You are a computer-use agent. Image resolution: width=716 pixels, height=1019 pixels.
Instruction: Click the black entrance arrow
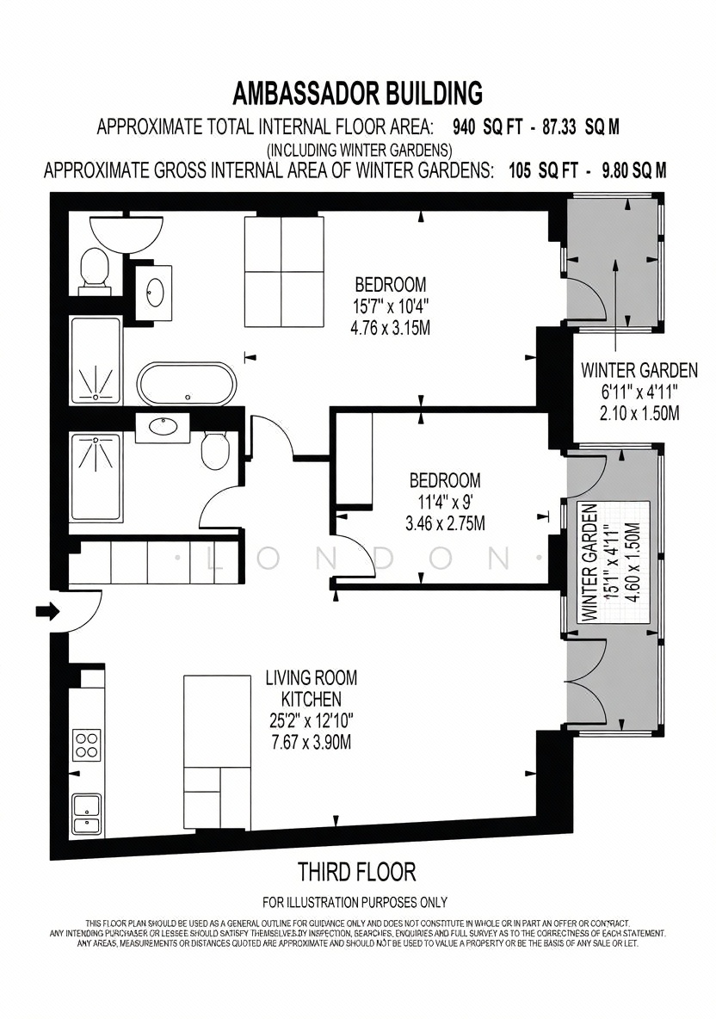pyautogui.click(x=47, y=611)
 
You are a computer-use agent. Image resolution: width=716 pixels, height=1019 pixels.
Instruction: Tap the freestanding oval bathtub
pyautogui.click(x=188, y=384)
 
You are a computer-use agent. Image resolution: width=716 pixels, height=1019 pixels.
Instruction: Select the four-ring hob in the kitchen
pyautogui.click(x=87, y=745)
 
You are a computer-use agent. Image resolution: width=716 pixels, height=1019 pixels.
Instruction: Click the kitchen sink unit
pyautogui.click(x=86, y=813)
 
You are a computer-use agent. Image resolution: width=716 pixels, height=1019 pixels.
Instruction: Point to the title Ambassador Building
pyautogui.click(x=358, y=93)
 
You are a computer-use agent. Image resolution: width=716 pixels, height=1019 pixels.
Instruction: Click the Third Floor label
pyautogui.click(x=356, y=871)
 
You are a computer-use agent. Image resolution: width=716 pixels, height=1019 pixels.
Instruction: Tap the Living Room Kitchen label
pyautogui.click(x=312, y=689)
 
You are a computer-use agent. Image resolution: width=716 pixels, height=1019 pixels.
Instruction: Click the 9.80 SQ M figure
pyautogui.click(x=634, y=171)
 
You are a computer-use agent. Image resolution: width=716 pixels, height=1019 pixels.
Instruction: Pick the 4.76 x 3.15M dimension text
pyautogui.click(x=390, y=328)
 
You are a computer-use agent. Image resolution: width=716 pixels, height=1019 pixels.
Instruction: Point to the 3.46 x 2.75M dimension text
pyautogui.click(x=445, y=523)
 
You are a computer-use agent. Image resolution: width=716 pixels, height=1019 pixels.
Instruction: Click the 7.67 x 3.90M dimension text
pyautogui.click(x=312, y=742)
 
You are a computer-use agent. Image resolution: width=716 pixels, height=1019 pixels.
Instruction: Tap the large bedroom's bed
pyautogui.click(x=283, y=272)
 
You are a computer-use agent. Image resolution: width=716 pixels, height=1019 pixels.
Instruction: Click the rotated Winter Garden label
pyautogui.click(x=589, y=563)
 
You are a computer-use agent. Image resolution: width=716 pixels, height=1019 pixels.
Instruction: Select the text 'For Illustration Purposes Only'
pyautogui.click(x=355, y=902)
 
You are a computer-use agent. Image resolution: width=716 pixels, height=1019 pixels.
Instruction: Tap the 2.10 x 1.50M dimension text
pyautogui.click(x=639, y=412)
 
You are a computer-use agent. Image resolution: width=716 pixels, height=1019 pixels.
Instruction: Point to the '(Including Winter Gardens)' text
pyautogui.click(x=360, y=150)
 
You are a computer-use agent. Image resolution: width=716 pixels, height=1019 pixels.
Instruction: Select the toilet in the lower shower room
pyautogui.click(x=213, y=450)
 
